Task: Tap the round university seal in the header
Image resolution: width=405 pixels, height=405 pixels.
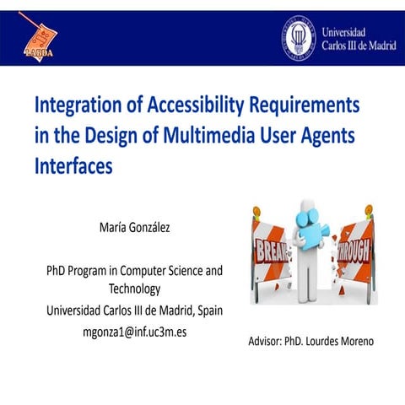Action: tap(297, 37)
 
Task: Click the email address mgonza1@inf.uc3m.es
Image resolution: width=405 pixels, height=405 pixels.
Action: tap(134, 332)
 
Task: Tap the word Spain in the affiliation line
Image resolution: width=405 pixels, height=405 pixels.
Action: tap(206, 310)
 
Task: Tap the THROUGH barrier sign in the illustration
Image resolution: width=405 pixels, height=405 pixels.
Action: tap(354, 251)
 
